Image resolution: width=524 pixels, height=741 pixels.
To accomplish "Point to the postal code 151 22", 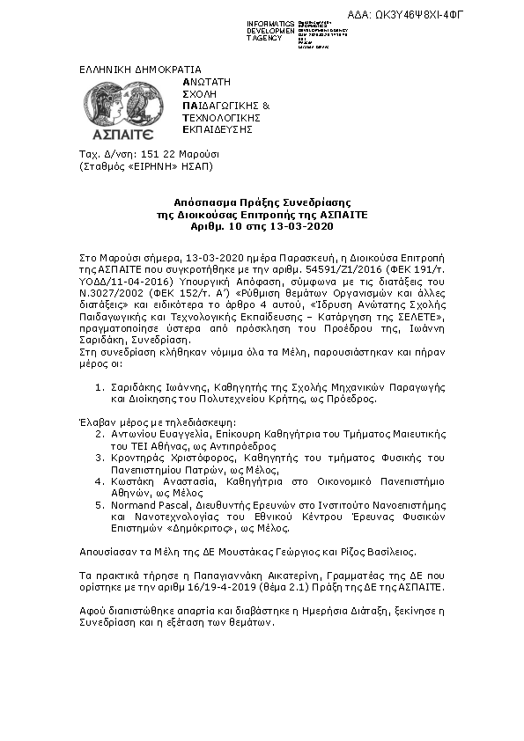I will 144,154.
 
